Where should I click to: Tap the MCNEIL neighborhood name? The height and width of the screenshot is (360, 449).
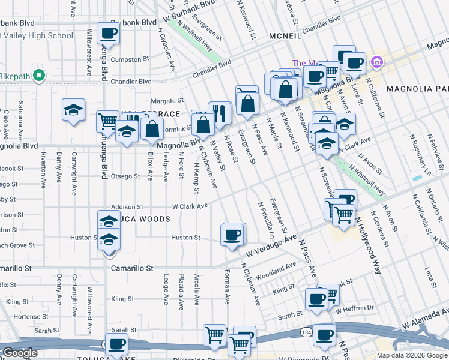tap(289, 35)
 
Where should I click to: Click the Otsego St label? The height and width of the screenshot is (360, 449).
tap(128, 176)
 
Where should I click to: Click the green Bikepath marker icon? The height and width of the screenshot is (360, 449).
tap(39, 76)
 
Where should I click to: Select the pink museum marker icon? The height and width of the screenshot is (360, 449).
tap(376, 62)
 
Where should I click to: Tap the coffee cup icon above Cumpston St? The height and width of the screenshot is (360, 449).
tap(108, 34)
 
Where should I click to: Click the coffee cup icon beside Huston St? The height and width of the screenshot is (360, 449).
tap(232, 234)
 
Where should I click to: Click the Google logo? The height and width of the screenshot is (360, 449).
tap(20, 353)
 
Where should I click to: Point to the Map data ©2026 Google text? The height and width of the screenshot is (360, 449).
tap(411, 355)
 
